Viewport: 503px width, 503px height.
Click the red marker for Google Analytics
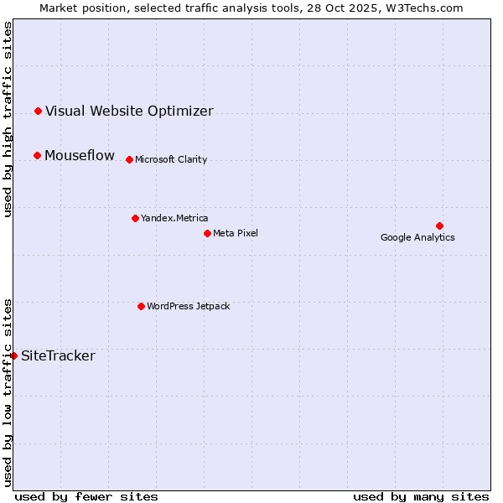[439, 226]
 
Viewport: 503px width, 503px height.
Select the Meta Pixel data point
[207, 233]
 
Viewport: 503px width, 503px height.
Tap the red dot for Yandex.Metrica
[135, 218]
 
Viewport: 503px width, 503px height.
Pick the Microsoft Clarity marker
[129, 159]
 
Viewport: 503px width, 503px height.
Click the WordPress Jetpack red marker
[141, 306]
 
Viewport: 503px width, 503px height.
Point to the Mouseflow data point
[37, 155]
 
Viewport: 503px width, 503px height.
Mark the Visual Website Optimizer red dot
[38, 111]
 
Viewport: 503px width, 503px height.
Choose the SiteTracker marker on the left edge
[14, 355]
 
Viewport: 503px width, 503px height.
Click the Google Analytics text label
[417, 237]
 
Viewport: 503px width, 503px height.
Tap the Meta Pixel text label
[236, 233]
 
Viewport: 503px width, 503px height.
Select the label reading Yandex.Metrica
[174, 218]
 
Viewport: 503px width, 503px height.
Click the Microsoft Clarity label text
[171, 159]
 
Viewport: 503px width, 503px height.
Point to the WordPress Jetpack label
[188, 306]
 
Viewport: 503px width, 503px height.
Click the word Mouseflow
[80, 155]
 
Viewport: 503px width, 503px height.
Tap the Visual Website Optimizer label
[129, 111]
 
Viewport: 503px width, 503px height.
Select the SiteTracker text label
[58, 355]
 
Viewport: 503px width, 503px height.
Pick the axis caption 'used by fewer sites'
[86, 496]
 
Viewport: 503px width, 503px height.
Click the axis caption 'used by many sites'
[421, 496]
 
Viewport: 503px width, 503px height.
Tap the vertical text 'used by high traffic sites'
[8, 119]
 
